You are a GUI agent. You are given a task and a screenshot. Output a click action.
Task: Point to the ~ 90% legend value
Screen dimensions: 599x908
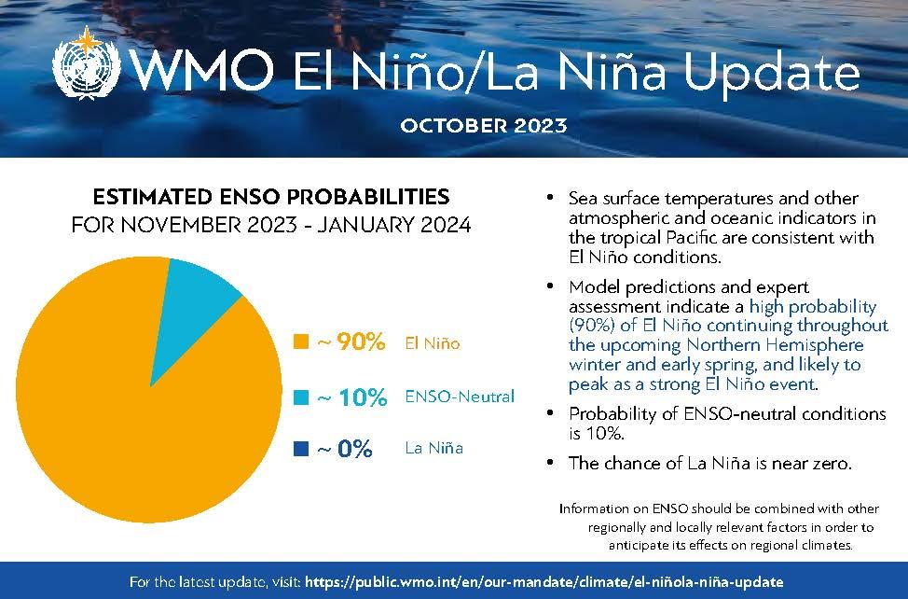351,342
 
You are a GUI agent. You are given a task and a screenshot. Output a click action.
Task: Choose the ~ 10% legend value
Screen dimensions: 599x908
351,397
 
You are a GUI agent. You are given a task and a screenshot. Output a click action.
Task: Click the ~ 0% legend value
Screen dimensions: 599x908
345,449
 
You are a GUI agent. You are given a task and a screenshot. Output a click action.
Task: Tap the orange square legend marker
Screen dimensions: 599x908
300,342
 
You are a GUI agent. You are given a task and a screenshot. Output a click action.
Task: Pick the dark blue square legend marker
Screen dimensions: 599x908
300,449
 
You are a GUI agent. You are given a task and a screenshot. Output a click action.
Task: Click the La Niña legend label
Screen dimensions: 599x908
434,449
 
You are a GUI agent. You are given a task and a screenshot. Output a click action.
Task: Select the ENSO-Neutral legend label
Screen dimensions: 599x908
460,397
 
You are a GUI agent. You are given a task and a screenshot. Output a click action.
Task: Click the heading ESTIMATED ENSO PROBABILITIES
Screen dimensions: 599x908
270,198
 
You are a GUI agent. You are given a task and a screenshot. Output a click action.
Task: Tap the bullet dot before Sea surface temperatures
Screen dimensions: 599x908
552,200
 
